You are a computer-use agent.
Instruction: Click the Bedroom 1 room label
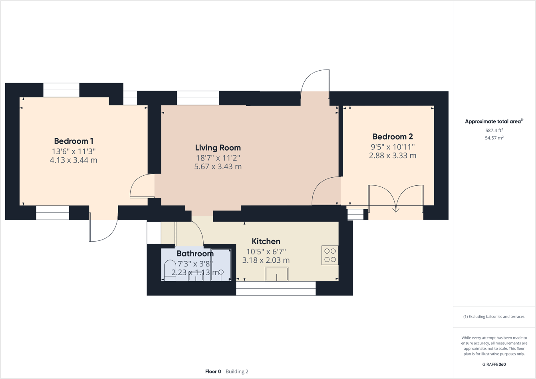(x=73, y=141)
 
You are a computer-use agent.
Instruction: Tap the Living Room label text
(x=218, y=148)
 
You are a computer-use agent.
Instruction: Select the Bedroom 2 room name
(x=392, y=137)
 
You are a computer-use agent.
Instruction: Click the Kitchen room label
(x=266, y=241)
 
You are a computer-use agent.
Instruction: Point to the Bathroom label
(x=195, y=254)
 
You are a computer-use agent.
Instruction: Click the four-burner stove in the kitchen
(x=330, y=255)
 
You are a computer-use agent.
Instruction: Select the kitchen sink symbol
(x=276, y=274)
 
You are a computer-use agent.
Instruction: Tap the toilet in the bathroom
(x=170, y=271)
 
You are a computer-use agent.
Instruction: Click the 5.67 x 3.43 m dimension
(x=218, y=167)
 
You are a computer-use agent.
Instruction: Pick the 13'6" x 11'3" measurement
(x=73, y=151)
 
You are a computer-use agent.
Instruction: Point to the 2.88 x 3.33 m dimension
(x=392, y=156)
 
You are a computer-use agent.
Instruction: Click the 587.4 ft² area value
(x=494, y=130)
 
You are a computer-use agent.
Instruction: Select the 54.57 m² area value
(x=494, y=138)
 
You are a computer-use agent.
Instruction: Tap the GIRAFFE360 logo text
(x=494, y=364)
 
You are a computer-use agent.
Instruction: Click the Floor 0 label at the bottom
(x=213, y=371)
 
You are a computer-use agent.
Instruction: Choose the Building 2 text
(x=237, y=371)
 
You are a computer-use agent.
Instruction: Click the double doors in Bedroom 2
(x=395, y=198)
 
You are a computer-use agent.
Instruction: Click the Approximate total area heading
(x=494, y=121)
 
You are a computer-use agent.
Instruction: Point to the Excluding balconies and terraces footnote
(x=494, y=317)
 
